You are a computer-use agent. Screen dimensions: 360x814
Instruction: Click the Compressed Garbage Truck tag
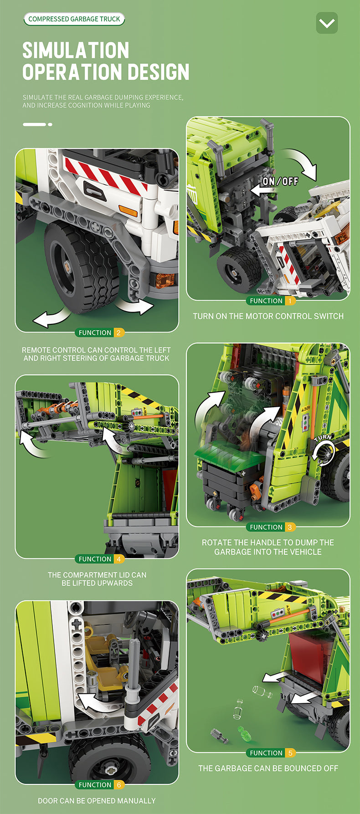(74, 19)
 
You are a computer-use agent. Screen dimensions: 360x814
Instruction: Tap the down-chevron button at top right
(327, 23)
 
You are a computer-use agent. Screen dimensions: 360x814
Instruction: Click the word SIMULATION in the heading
(76, 50)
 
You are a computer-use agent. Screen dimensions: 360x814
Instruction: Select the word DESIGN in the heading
(159, 72)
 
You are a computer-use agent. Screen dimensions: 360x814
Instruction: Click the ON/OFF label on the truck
(280, 181)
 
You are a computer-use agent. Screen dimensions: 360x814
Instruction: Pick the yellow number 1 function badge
(290, 301)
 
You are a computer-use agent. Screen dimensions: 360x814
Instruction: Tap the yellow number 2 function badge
(118, 333)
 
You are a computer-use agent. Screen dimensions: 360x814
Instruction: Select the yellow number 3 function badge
(290, 527)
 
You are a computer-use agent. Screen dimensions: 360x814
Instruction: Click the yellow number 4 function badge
(118, 559)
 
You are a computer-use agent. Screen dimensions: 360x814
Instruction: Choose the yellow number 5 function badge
(290, 753)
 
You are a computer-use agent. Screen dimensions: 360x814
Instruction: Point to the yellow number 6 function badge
(118, 785)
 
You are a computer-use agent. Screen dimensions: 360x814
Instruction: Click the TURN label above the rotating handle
(323, 438)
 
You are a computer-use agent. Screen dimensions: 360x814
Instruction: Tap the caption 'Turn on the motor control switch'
(268, 316)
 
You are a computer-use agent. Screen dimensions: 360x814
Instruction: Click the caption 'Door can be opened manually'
(97, 801)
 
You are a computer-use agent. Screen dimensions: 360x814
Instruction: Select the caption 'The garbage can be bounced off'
(268, 768)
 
